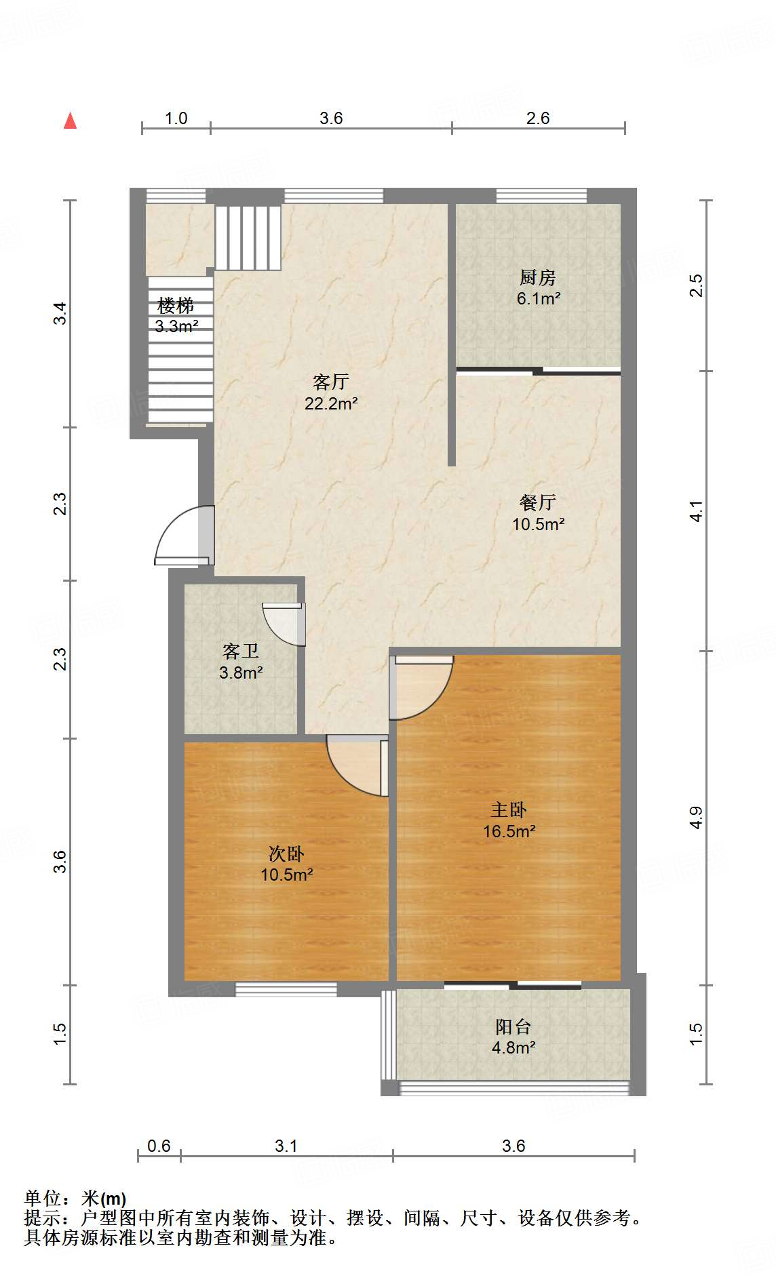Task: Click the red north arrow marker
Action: click(70, 121)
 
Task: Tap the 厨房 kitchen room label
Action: click(538, 277)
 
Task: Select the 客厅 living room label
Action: click(331, 382)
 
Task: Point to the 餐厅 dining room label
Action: click(538, 502)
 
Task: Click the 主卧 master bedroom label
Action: click(509, 809)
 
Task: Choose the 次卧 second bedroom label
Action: click(286, 854)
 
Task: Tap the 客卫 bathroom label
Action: click(241, 651)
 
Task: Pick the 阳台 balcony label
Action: click(513, 1026)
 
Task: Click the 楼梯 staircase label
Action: click(176, 306)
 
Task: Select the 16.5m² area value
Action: click(509, 831)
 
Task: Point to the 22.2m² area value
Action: click(331, 403)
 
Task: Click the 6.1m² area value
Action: click(539, 298)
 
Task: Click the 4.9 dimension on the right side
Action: click(696, 818)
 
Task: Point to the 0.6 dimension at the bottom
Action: click(159, 1146)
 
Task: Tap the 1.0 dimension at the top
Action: click(176, 118)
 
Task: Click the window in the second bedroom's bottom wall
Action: click(286, 990)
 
